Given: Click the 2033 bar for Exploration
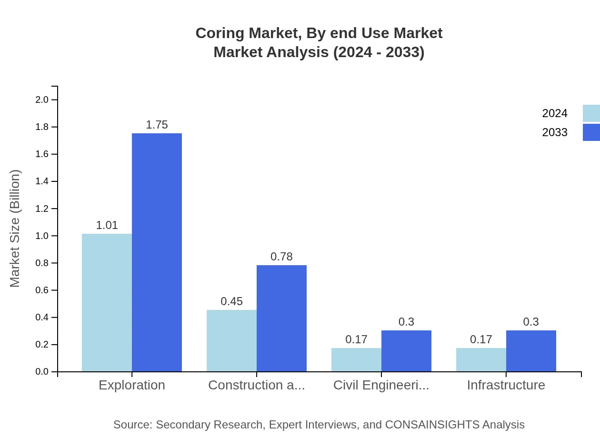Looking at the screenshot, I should point(157,252).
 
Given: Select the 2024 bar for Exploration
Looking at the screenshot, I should point(107,302).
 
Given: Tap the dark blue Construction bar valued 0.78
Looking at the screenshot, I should point(281,318).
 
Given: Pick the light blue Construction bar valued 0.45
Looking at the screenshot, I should point(231,340).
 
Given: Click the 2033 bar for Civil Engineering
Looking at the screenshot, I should point(406,351).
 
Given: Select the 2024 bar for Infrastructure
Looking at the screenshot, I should point(481,359).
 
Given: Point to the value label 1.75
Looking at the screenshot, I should point(157,125).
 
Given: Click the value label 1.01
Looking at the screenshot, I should point(107,225).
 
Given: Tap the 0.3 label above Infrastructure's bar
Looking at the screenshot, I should point(531,322).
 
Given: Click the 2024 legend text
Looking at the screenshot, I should point(554,113).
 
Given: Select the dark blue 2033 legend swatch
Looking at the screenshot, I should point(591,132).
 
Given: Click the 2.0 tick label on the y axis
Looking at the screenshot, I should point(42,100).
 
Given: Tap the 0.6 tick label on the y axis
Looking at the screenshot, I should point(42,290).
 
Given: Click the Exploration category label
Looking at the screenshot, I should point(132,385).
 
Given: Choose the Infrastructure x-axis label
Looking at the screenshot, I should point(506,385).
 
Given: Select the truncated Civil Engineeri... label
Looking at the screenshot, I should point(381,385).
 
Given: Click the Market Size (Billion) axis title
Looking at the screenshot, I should point(15,229).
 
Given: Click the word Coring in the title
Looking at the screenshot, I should point(220,33).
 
